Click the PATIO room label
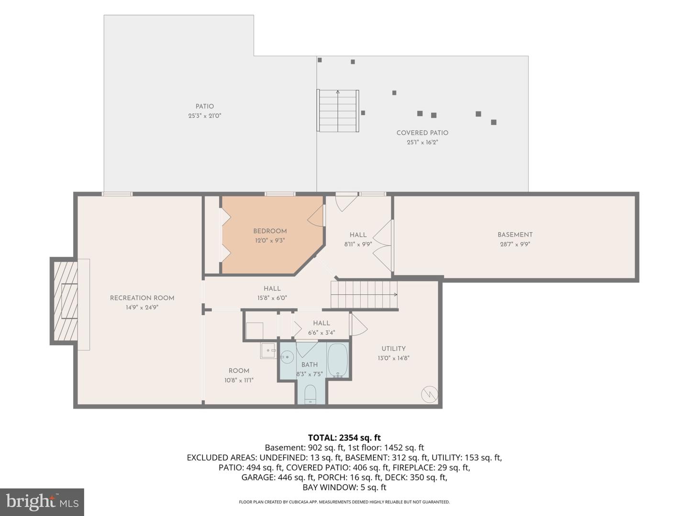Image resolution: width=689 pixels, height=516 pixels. pos(205,107)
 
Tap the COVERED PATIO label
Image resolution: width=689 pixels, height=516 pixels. pos(422,133)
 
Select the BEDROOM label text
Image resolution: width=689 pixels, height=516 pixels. pos(270,231)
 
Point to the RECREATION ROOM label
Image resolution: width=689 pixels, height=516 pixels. pos(142,298)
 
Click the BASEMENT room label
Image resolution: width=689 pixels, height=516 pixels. pos(515,235)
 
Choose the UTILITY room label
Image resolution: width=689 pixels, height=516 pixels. pos(393,348)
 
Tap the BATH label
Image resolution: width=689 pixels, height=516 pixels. pos(310,365)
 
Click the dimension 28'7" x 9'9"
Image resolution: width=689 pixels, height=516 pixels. pos(515,244)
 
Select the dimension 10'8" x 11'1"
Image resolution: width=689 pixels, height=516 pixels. pos(239,380)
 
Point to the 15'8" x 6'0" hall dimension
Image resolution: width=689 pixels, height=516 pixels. pos(272,298)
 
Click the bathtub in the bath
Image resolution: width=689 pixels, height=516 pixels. pos(338,360)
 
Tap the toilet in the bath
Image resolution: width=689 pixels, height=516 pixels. pos(310,394)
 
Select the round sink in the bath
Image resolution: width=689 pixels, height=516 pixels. pos(287,356)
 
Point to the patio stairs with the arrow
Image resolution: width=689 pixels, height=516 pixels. pos(338,111)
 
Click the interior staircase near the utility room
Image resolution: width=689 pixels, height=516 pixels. pos(364,294)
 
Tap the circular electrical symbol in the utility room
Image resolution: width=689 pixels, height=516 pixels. pos(429,395)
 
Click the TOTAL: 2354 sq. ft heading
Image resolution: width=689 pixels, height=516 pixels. pos(344,438)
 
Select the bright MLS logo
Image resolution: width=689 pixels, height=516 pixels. pos(42,502)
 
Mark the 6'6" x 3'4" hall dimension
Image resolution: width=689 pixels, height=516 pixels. pos(322,333)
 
